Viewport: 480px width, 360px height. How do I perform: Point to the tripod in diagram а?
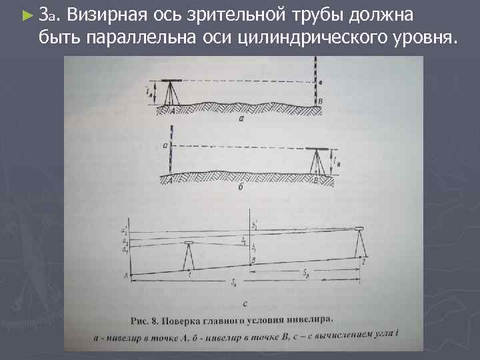pyautogui.click(x=172, y=95)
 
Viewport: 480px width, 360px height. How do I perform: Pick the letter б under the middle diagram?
pyautogui.click(x=241, y=189)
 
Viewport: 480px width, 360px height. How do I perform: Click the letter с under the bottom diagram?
pyautogui.click(x=245, y=304)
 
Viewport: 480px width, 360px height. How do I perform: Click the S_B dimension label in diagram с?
pyautogui.click(x=305, y=273)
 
